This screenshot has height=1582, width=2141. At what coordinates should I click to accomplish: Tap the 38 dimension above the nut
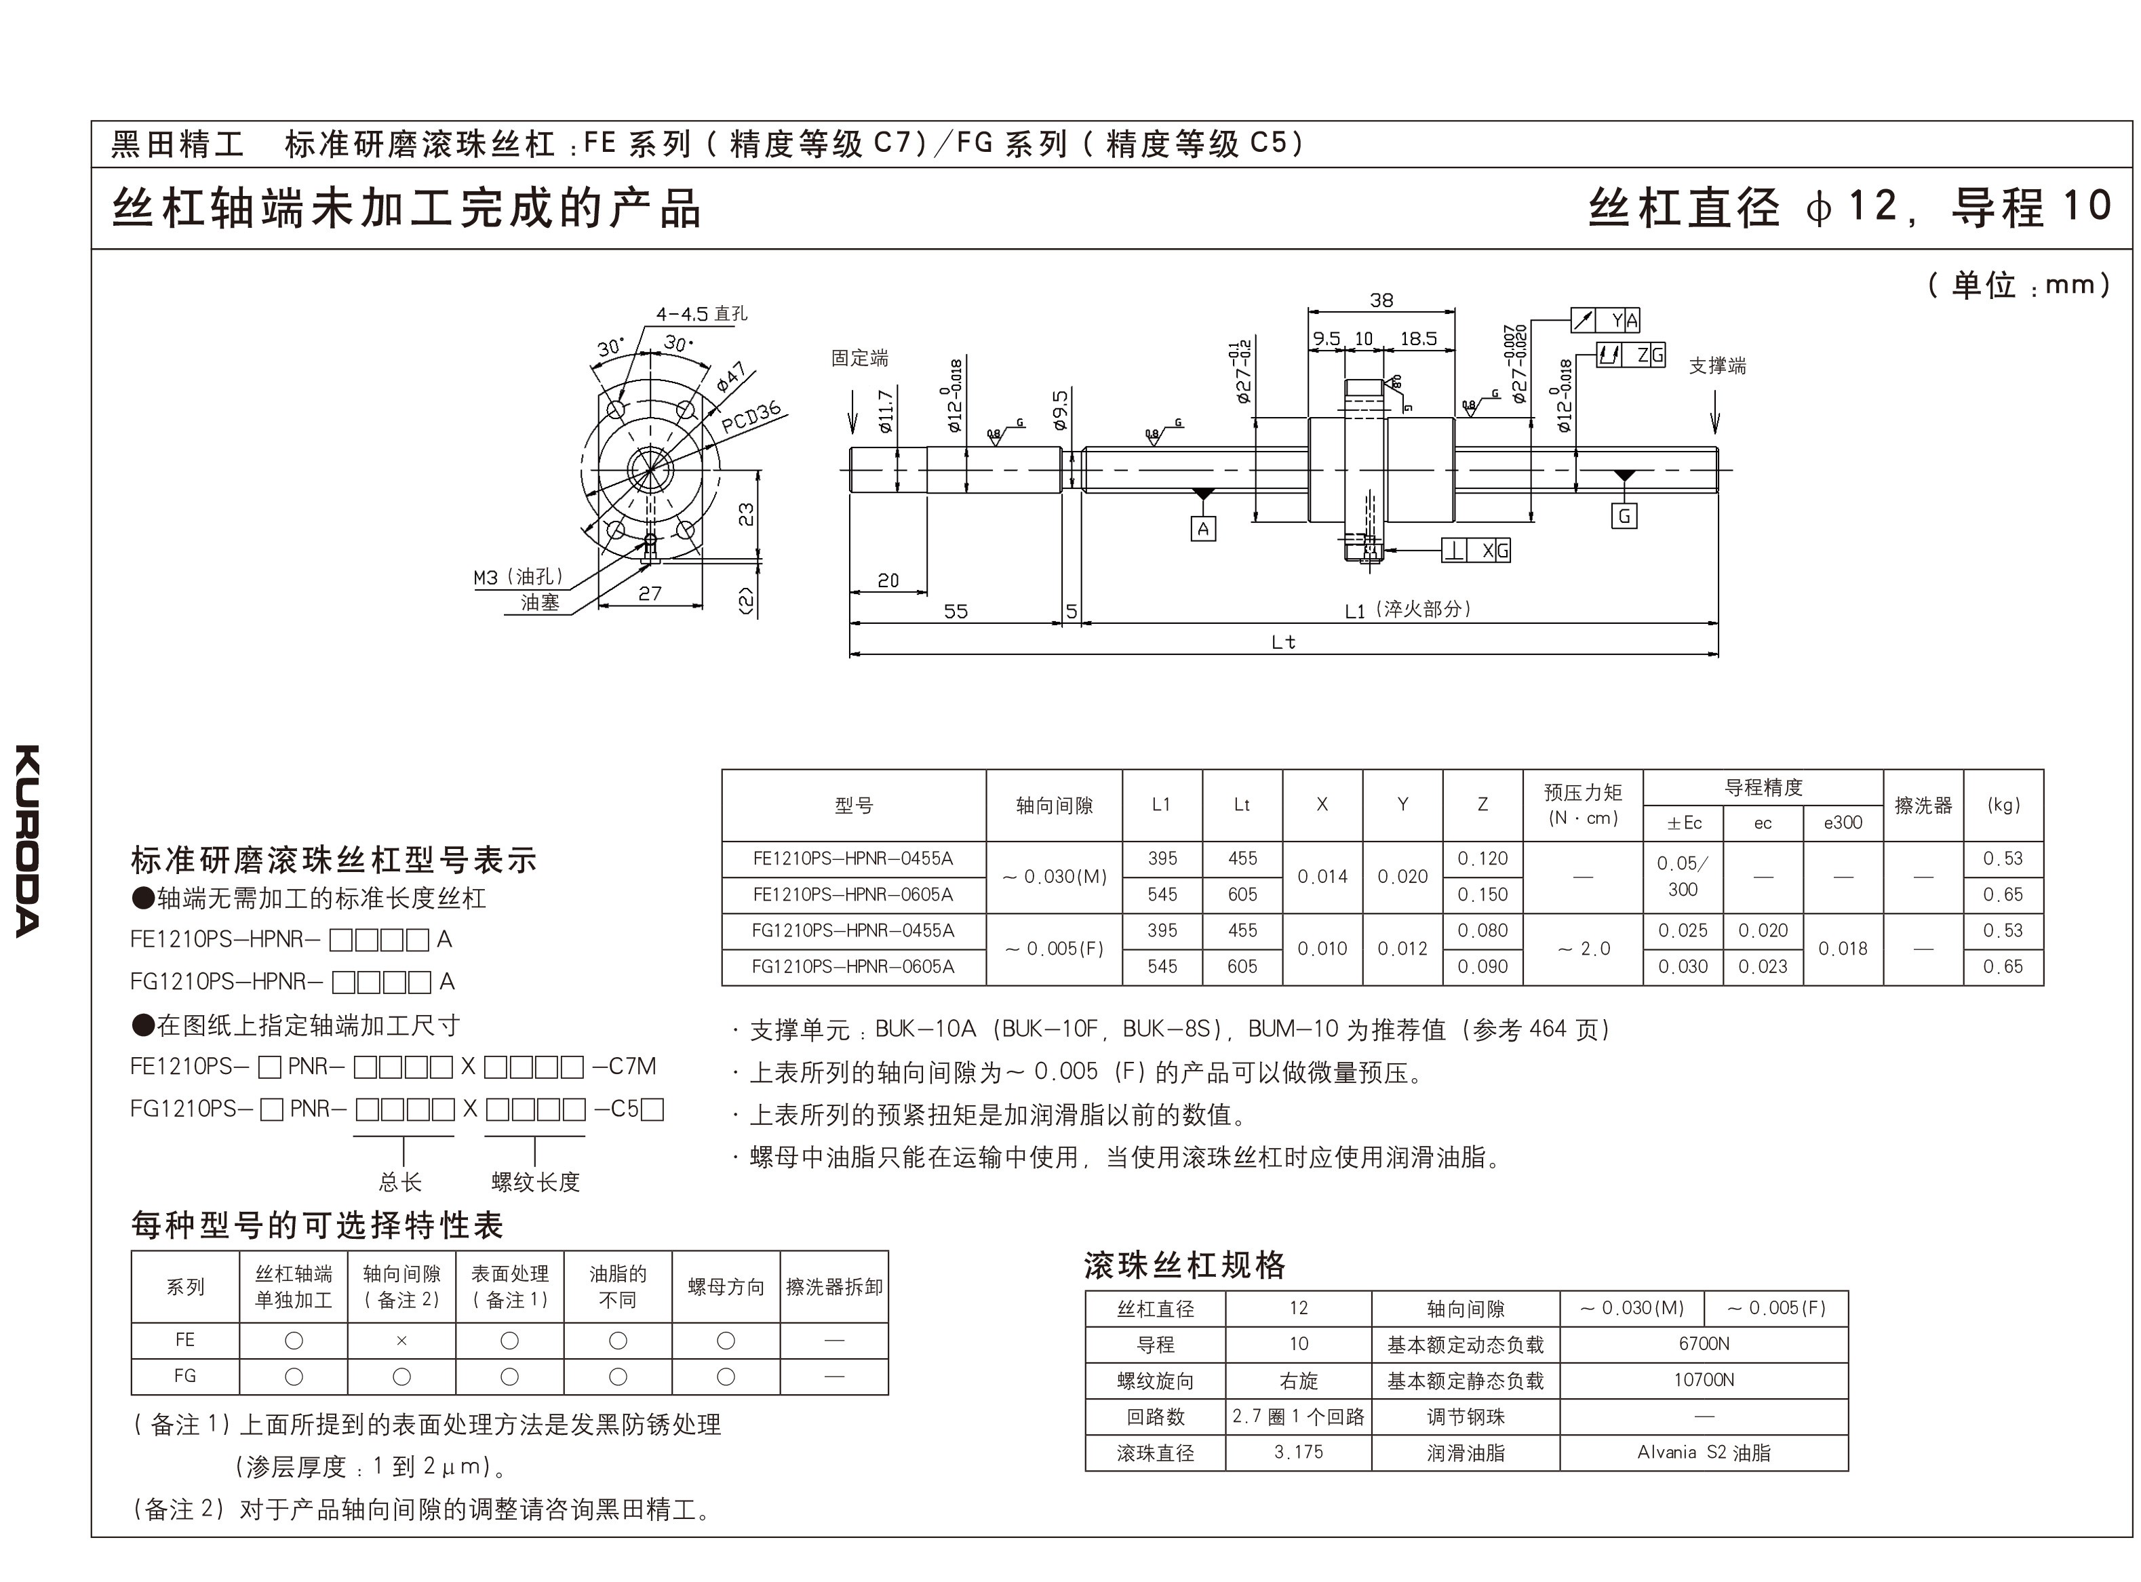[1381, 300]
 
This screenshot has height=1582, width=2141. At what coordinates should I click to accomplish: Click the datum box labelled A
[1204, 529]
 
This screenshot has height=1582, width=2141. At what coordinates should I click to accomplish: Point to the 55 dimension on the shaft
[956, 611]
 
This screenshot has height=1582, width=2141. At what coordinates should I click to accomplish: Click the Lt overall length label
[1283, 641]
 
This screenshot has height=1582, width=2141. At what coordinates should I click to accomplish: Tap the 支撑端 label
[1717, 365]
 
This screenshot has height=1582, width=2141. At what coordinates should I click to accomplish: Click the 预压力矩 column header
[1583, 804]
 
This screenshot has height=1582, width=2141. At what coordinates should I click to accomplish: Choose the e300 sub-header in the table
[1843, 823]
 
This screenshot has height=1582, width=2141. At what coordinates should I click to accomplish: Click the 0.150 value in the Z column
[1482, 894]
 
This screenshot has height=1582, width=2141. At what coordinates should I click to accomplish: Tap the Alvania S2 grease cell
[1704, 1452]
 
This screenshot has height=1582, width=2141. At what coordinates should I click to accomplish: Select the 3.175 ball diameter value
[1299, 1452]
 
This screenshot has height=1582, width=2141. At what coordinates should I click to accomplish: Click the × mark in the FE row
[401, 1341]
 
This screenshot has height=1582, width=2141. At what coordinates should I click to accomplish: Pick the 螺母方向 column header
[726, 1287]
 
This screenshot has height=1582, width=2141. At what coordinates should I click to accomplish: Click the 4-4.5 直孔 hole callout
[701, 314]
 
